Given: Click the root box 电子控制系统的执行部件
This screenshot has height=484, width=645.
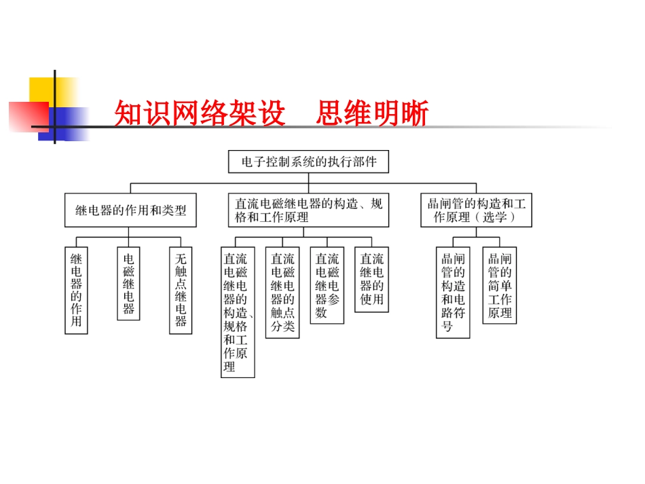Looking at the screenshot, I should pos(308,162).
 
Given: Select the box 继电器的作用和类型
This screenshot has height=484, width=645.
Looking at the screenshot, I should pos(130,210).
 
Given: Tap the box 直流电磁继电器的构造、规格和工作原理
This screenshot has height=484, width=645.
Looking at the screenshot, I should pos(309,210).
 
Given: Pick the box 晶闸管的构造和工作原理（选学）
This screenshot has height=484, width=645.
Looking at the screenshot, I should pos(476,210).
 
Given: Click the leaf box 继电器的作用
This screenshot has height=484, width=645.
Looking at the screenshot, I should pos(76,290).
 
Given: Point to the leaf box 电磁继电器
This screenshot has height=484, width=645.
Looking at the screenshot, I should pos(128,283).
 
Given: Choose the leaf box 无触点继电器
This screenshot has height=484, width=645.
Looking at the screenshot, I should pos(181,290).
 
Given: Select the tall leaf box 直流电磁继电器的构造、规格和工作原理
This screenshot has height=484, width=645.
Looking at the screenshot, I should pos(238,312).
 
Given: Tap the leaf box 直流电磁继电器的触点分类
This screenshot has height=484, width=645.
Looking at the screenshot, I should pos(282,293).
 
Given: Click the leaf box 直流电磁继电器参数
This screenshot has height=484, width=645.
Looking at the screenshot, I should pos(327,285).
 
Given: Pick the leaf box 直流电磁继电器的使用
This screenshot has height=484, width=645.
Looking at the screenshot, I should pos(372,279).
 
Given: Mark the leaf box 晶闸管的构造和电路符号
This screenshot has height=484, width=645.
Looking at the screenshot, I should pos(453,293).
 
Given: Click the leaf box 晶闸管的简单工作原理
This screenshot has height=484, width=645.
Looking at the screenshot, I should pos(500,285).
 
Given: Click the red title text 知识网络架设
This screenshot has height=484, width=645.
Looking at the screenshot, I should pos(199,114).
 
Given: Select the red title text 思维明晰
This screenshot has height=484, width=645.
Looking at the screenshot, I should pos(372,114).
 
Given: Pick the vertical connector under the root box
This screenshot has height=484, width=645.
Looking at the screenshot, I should pos(308,178).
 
